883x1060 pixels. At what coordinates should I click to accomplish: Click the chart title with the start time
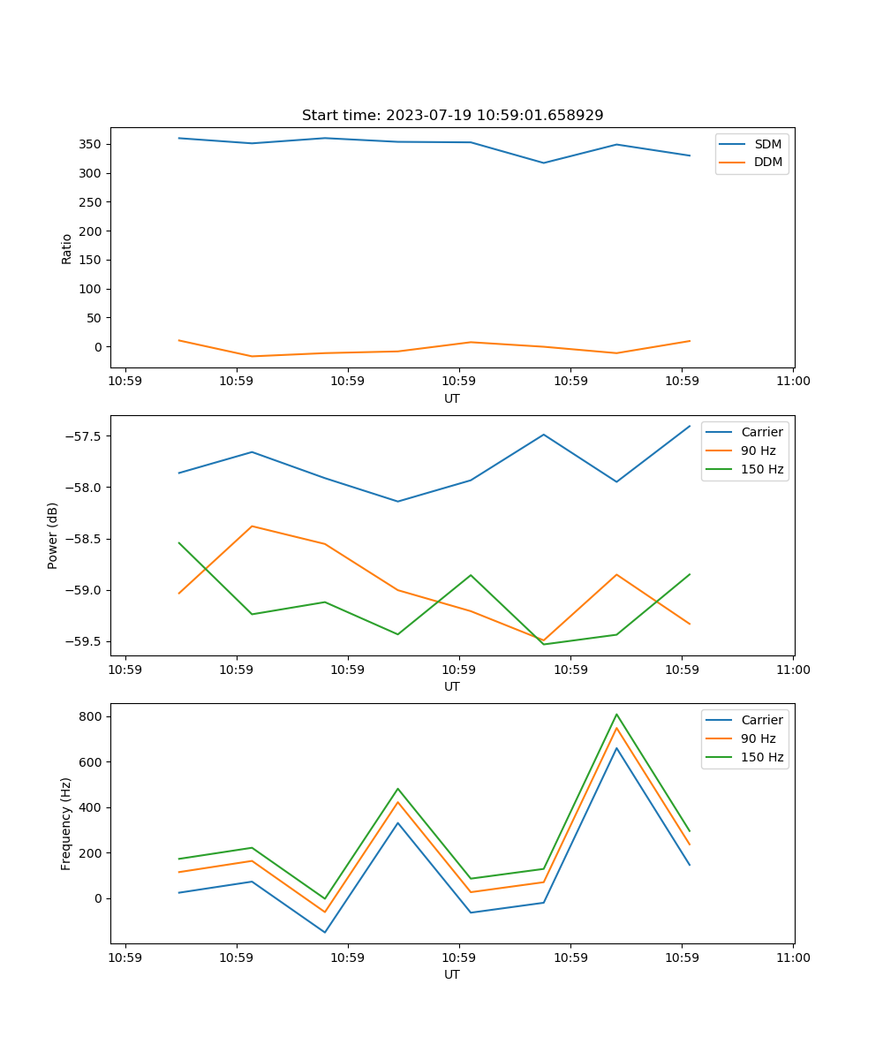(452, 116)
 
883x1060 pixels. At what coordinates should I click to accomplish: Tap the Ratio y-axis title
(67, 247)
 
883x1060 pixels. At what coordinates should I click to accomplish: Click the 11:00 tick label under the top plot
(793, 382)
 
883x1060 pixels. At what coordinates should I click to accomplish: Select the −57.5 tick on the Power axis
(84, 436)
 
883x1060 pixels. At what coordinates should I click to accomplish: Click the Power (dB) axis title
(53, 535)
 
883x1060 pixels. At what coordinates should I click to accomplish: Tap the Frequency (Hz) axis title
(66, 823)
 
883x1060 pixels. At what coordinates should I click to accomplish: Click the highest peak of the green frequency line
(616, 715)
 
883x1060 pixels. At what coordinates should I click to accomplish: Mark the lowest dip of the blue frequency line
(325, 932)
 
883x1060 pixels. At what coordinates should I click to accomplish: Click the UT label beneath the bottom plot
(452, 974)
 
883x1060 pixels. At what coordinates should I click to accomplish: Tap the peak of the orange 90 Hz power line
(253, 526)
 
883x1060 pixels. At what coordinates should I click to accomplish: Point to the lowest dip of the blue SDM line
(544, 163)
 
